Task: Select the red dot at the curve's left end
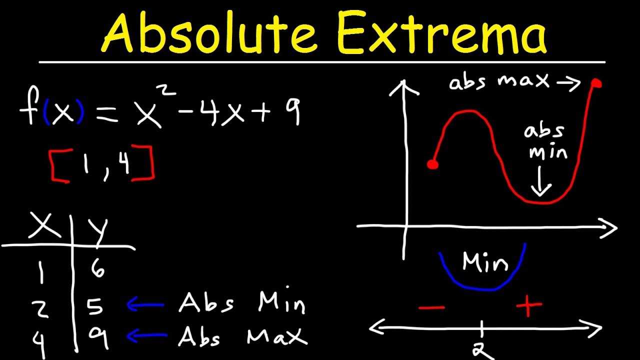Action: point(433,164)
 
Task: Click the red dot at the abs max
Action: point(596,83)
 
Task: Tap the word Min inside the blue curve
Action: point(485,262)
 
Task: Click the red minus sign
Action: point(432,306)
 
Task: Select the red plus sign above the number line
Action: point(529,306)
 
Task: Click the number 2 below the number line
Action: point(482,351)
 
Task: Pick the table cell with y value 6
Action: point(98,270)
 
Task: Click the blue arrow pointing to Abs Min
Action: point(145,304)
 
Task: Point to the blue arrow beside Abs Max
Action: point(145,336)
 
